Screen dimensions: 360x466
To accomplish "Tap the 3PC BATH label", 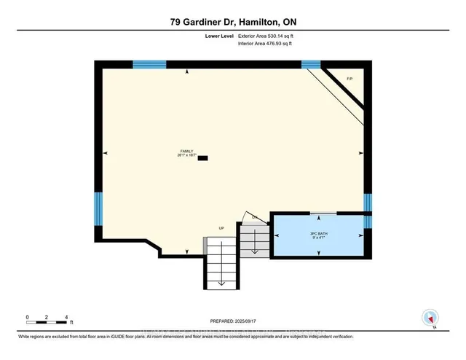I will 317,232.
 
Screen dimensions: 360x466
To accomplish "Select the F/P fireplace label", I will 349,78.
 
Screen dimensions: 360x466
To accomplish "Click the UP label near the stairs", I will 221,229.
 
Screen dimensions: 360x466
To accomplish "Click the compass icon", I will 430,318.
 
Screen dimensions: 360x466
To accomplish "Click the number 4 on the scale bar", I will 67,318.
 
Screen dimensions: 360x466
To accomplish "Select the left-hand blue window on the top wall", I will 149,65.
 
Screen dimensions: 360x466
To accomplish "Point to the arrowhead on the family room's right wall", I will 361,153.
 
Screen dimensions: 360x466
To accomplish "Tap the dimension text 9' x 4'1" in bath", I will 317,238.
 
